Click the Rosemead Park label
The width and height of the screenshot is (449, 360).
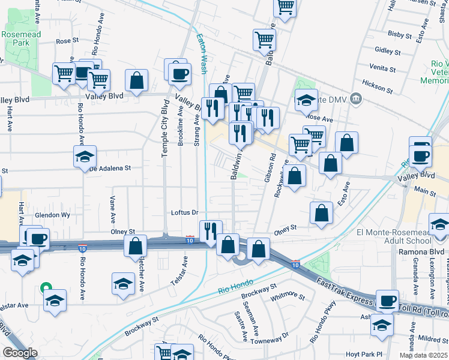pos(20,39)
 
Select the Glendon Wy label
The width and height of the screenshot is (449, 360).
pos(53,215)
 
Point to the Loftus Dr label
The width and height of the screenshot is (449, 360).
pos(184,212)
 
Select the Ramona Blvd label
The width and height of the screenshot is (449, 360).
pos(421,251)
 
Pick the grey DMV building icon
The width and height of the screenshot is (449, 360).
pos(356,98)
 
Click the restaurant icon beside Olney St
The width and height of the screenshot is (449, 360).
pos(210,231)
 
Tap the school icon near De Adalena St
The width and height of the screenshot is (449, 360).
pos(85,157)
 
